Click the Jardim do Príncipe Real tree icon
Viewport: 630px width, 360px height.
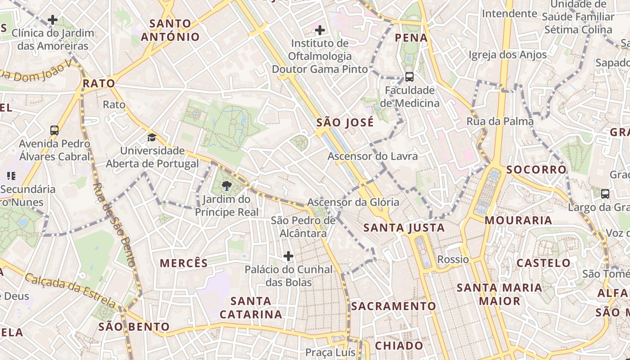click(x=227, y=185)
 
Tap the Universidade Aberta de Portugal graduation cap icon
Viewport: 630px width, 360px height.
click(x=152, y=137)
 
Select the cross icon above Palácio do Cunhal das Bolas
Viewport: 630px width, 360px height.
click(x=288, y=256)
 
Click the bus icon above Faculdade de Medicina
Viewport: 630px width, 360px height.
click(x=409, y=76)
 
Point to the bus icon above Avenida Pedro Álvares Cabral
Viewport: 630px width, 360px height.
click(x=54, y=130)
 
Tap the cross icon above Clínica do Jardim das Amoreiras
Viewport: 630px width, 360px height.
click(x=53, y=20)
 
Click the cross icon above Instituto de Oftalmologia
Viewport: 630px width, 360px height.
click(x=320, y=30)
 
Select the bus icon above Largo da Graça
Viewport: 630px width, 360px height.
click(x=605, y=194)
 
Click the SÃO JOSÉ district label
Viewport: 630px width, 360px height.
click(x=345, y=122)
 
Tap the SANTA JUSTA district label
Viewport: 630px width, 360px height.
click(x=404, y=228)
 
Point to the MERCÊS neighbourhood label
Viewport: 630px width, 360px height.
click(x=184, y=263)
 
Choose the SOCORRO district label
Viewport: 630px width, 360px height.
click(x=536, y=170)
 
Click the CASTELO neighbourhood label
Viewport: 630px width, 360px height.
click(x=544, y=263)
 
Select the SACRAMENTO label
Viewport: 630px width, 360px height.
click(x=394, y=306)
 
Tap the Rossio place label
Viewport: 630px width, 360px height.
click(x=453, y=260)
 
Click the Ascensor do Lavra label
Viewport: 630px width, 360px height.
click(x=373, y=157)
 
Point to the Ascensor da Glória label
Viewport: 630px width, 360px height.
click(x=353, y=202)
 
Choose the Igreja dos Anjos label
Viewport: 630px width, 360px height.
click(x=508, y=55)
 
